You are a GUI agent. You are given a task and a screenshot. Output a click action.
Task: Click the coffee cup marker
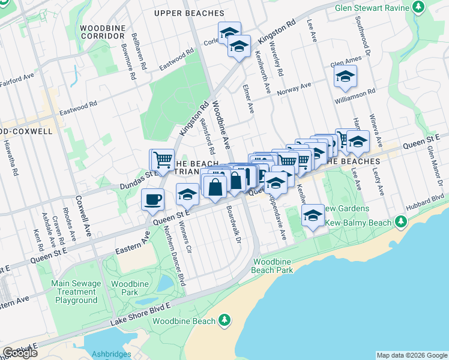tap(152, 199)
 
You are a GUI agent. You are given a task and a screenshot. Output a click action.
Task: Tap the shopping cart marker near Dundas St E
tap(161, 160)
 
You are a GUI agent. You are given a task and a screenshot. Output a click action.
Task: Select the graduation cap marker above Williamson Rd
tap(345, 76)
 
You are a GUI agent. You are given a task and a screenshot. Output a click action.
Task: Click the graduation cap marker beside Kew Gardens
tap(312, 216)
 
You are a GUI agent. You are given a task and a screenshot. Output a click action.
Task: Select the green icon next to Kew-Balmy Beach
tap(401, 223)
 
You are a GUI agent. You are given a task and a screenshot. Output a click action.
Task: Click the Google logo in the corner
tap(20, 352)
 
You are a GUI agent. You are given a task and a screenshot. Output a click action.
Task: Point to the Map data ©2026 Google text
tap(412, 355)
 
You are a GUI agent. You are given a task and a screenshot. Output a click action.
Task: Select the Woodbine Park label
tap(125, 287)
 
